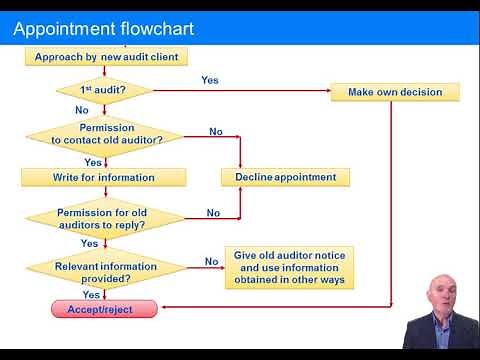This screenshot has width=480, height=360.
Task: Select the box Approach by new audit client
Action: pos(106,57)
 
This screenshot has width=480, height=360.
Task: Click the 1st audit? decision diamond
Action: pos(104,91)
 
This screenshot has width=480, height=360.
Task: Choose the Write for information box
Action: pos(104,177)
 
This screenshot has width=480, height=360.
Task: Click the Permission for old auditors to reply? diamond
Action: pos(105,218)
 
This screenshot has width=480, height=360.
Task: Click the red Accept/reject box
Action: pos(106,310)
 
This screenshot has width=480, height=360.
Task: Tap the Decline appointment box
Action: pos(285,177)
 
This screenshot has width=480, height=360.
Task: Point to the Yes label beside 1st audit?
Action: pos(210,80)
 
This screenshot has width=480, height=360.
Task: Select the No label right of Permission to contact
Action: pos(216,132)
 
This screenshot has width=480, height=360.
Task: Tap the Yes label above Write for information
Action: pos(93,162)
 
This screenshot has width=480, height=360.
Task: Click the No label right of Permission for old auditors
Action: pos(213,213)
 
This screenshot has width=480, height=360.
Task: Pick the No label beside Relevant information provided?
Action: pos(211,262)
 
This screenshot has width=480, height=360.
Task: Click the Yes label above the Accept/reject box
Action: pos(90,295)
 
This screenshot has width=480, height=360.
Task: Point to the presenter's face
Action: pos(441,297)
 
